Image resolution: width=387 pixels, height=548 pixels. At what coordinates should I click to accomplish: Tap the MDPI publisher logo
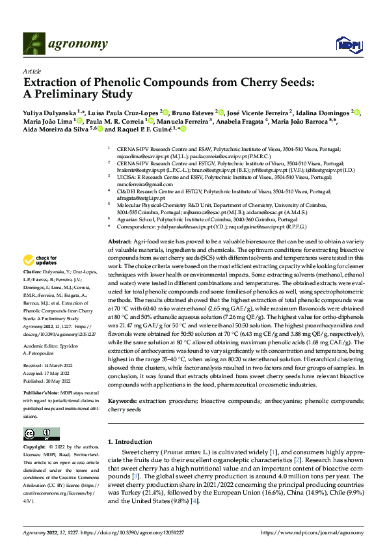(345, 44)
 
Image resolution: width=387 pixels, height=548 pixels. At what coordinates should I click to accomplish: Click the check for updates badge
(40, 260)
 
